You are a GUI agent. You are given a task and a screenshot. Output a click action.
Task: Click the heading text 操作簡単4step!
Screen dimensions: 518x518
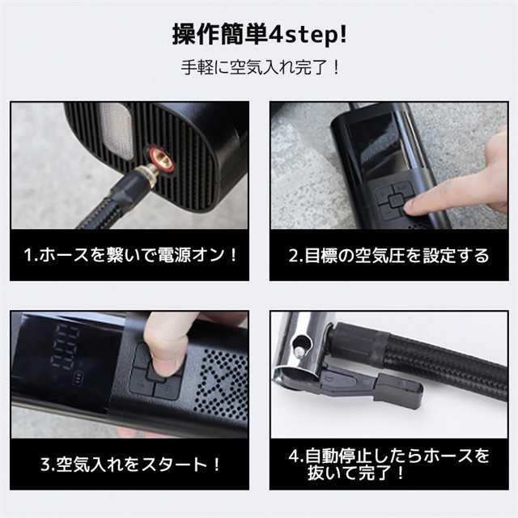[x=259, y=34]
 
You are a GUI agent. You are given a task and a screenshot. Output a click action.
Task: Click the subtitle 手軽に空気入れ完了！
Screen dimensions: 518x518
[x=259, y=67]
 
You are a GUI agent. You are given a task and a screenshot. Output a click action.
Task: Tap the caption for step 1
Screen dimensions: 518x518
[x=129, y=256]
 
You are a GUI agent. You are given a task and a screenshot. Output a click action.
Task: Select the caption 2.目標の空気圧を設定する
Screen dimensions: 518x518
[x=388, y=256]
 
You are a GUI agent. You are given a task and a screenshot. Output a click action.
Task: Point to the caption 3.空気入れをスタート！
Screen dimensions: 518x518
[x=129, y=464]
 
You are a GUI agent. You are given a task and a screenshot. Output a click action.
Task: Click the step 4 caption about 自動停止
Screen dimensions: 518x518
[x=388, y=464]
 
